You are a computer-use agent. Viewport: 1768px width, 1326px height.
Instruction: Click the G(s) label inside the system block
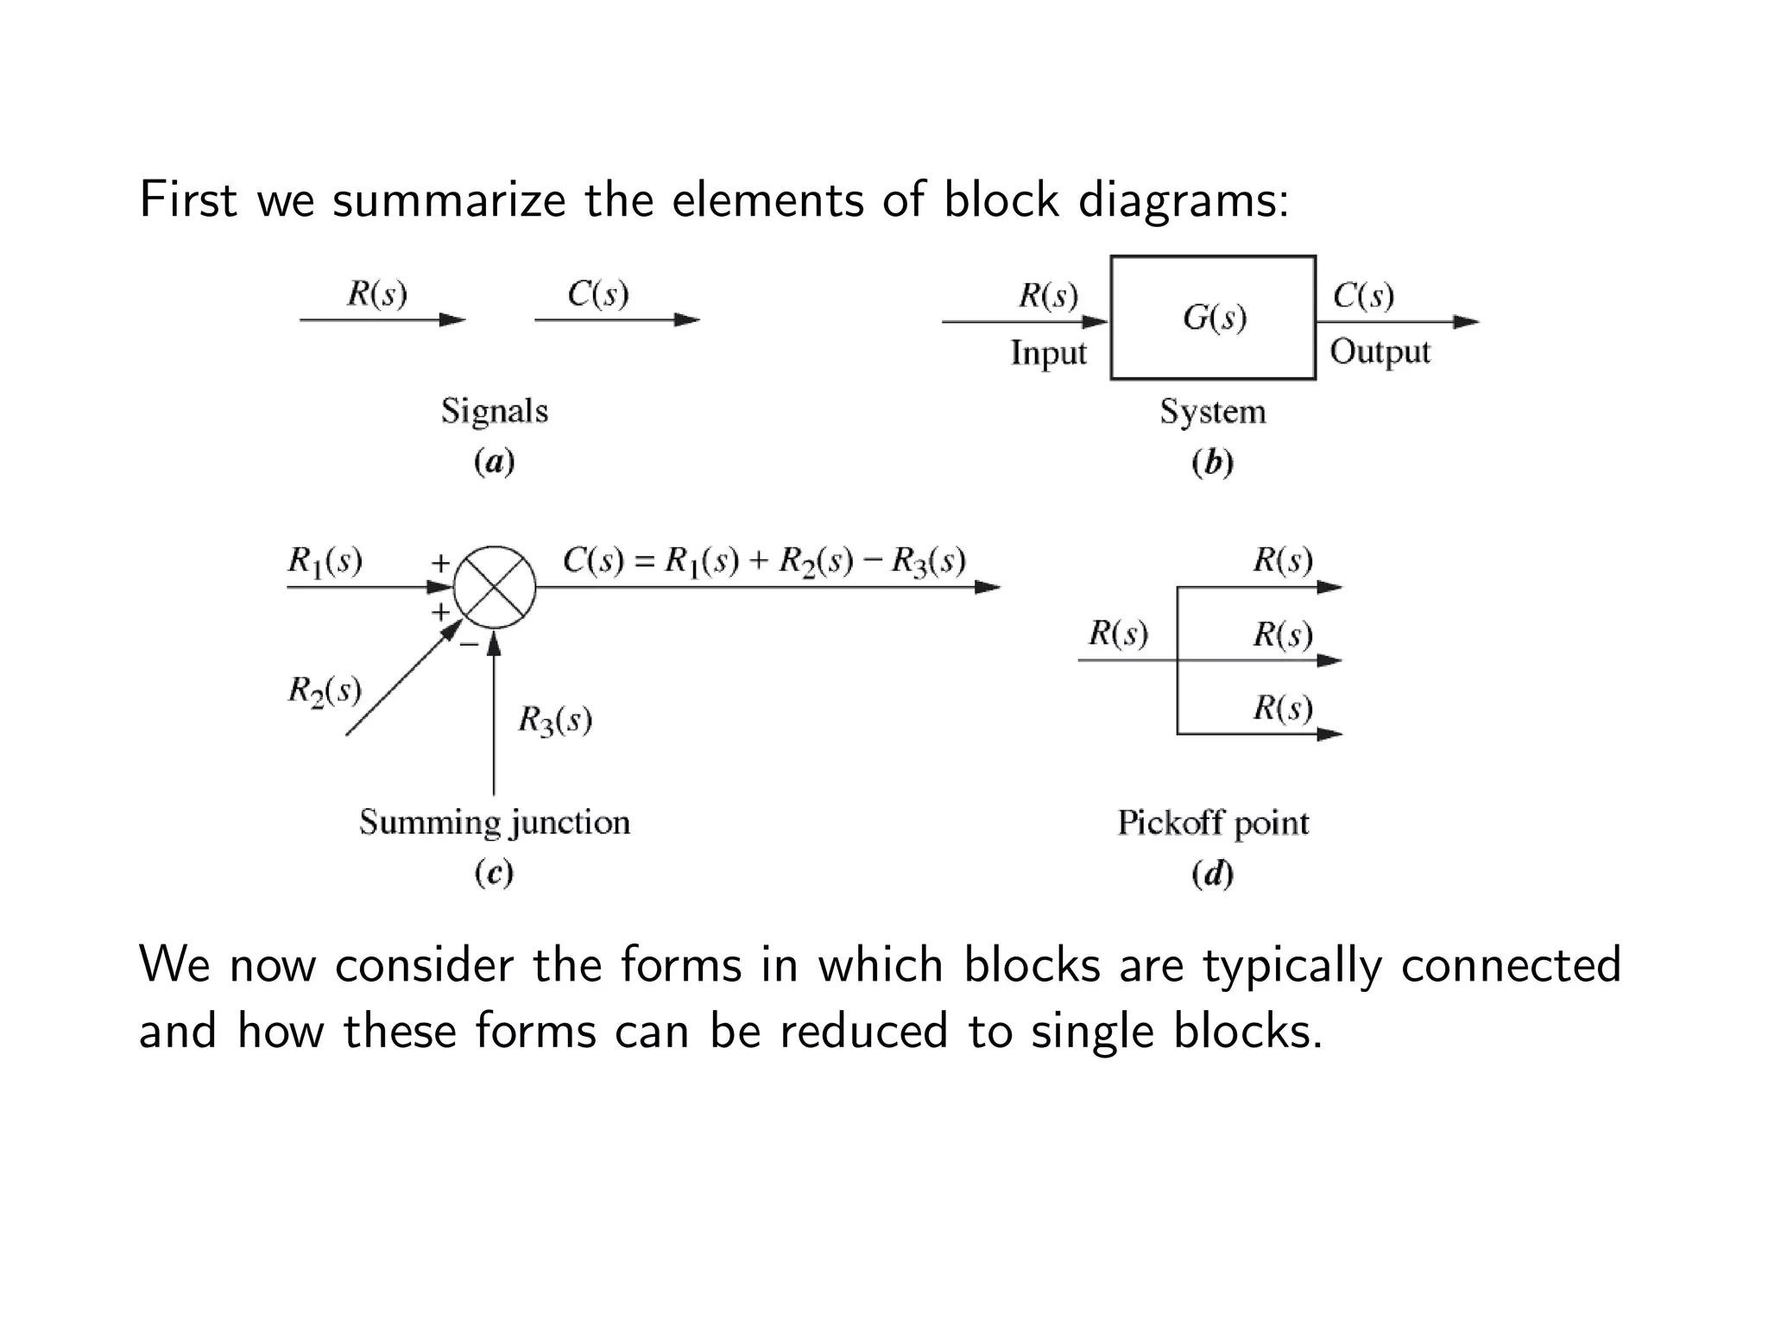pos(1214,318)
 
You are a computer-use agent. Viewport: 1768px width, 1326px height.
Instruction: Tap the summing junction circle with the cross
pos(495,588)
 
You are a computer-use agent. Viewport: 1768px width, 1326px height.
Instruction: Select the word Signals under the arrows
pos(495,411)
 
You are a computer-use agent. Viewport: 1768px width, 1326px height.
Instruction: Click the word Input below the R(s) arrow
pos(1048,353)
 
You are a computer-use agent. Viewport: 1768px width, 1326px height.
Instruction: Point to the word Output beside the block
pos(1380,352)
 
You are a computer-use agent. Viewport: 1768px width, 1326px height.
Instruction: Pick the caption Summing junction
pos(495,822)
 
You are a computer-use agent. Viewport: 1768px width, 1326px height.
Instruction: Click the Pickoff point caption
pos(1213,823)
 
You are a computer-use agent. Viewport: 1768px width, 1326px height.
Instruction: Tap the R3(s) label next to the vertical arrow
pos(554,719)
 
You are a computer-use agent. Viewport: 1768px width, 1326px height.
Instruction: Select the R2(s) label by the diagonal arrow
pos(324,691)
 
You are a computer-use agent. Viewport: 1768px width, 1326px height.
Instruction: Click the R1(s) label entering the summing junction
pos(325,561)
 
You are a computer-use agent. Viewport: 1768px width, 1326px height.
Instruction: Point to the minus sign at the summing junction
pos(469,644)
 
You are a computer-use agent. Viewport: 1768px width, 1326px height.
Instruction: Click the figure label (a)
pos(495,462)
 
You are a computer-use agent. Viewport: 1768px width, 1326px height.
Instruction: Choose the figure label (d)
pos(1213,874)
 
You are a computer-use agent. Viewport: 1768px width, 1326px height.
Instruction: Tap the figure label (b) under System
pos(1213,463)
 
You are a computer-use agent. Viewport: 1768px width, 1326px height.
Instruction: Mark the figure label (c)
pos(495,873)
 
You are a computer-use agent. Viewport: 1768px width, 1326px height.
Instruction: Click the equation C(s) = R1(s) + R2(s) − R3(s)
pos(763,561)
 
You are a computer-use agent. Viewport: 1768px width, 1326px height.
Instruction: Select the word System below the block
pos(1213,412)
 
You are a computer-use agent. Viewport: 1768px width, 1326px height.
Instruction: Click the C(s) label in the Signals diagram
pos(597,294)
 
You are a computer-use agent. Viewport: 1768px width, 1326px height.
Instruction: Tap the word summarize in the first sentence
pos(449,200)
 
